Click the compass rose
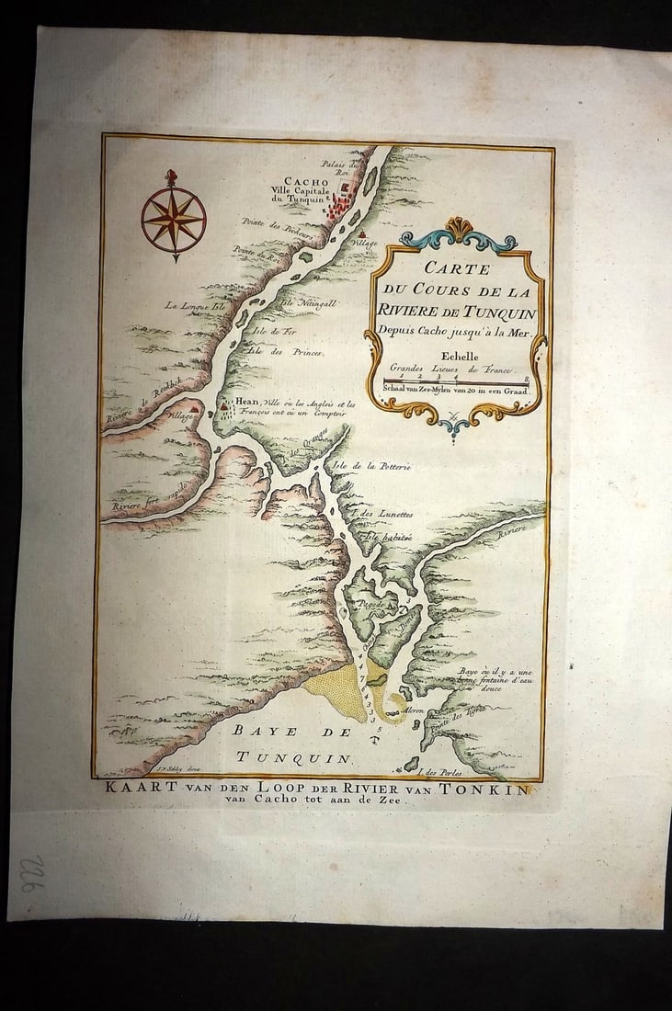[173, 219]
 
